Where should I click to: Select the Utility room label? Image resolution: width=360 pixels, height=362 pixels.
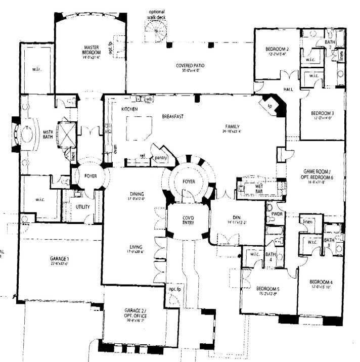(x=82, y=207)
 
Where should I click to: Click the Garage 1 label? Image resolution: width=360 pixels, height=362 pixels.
(x=59, y=259)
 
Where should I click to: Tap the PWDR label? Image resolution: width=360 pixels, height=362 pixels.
(x=277, y=214)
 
